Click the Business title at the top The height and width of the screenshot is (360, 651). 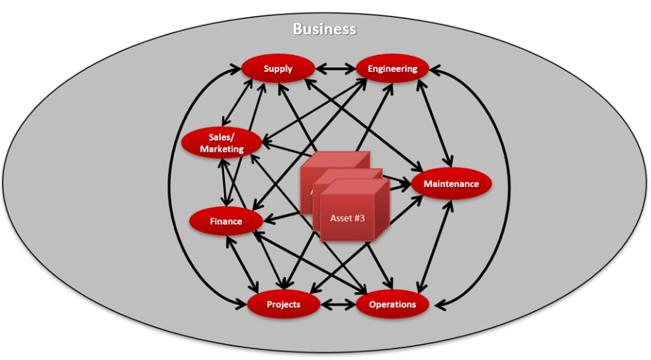[x=324, y=29]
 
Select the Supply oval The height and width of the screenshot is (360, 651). [x=278, y=69]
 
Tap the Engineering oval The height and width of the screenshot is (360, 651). [x=392, y=69]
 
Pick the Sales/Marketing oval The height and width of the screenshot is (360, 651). [x=222, y=143]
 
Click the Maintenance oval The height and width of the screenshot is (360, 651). [x=452, y=184]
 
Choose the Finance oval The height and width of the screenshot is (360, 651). [x=225, y=221]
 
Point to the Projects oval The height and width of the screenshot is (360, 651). [x=283, y=304]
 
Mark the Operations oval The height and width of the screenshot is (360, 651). [x=392, y=304]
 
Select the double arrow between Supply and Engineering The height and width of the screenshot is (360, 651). [x=335, y=70]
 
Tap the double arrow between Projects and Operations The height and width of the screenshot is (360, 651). [x=338, y=304]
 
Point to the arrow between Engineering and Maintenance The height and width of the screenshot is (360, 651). [x=435, y=124]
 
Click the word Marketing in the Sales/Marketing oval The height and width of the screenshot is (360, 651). [x=222, y=149]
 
